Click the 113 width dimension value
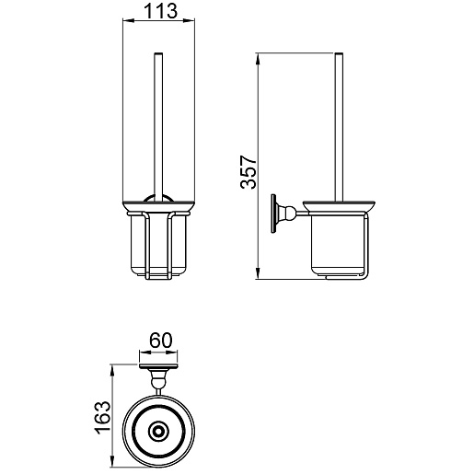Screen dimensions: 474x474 coord(160,11)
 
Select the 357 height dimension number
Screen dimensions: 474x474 coord(249,172)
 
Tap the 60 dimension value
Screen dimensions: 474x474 coord(161,341)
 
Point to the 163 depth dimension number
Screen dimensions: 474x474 coord(102,417)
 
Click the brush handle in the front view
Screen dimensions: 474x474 coord(158,128)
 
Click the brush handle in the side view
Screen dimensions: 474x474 coord(339,128)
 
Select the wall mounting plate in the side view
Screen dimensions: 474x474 coord(273,214)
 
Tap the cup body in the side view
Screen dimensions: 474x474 coord(337,245)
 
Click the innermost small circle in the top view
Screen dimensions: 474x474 coord(158,432)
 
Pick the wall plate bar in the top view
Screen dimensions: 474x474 coord(158,365)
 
